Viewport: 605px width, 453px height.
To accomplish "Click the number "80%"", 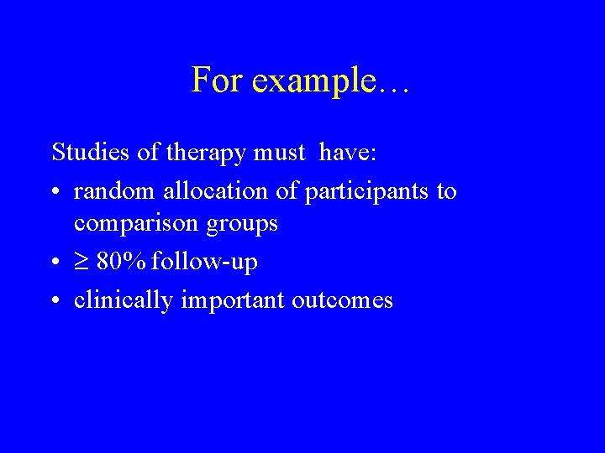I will point(122,262).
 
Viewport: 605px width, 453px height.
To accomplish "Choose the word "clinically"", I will point(124,300).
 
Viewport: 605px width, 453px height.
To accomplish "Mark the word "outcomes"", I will point(342,299).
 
